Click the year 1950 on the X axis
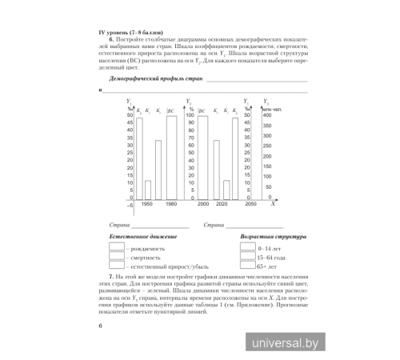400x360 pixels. click(x=146, y=205)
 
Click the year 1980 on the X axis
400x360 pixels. click(x=172, y=205)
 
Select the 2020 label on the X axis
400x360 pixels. click(x=222, y=205)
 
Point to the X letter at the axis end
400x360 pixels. click(x=274, y=204)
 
